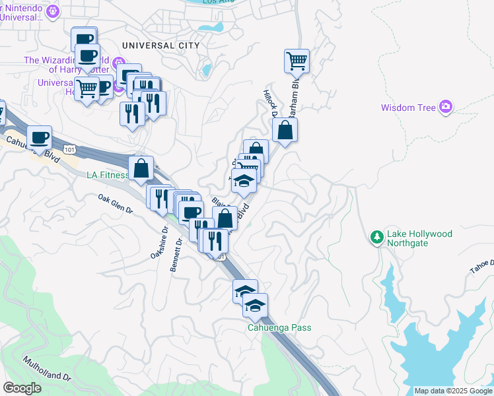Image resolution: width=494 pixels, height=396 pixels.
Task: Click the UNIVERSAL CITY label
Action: click(160, 46)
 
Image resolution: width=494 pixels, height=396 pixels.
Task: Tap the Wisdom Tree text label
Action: click(407, 107)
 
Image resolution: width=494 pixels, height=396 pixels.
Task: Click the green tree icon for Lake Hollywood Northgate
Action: click(376, 236)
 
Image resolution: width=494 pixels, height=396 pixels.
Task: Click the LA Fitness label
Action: click(108, 175)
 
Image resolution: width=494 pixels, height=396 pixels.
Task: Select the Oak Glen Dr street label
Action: click(116, 203)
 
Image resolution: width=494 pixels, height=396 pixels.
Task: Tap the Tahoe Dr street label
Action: click(482, 265)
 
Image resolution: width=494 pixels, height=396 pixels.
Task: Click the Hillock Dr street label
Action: click(269, 102)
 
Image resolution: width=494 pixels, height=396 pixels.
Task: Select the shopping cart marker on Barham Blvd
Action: click(297, 61)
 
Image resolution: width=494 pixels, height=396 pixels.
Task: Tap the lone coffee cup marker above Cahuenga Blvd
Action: click(40, 137)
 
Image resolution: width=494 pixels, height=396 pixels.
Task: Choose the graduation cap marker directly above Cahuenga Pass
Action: click(256, 305)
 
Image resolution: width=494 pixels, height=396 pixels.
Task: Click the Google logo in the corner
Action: click(22, 388)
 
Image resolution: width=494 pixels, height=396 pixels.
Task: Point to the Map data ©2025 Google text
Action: click(453, 391)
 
